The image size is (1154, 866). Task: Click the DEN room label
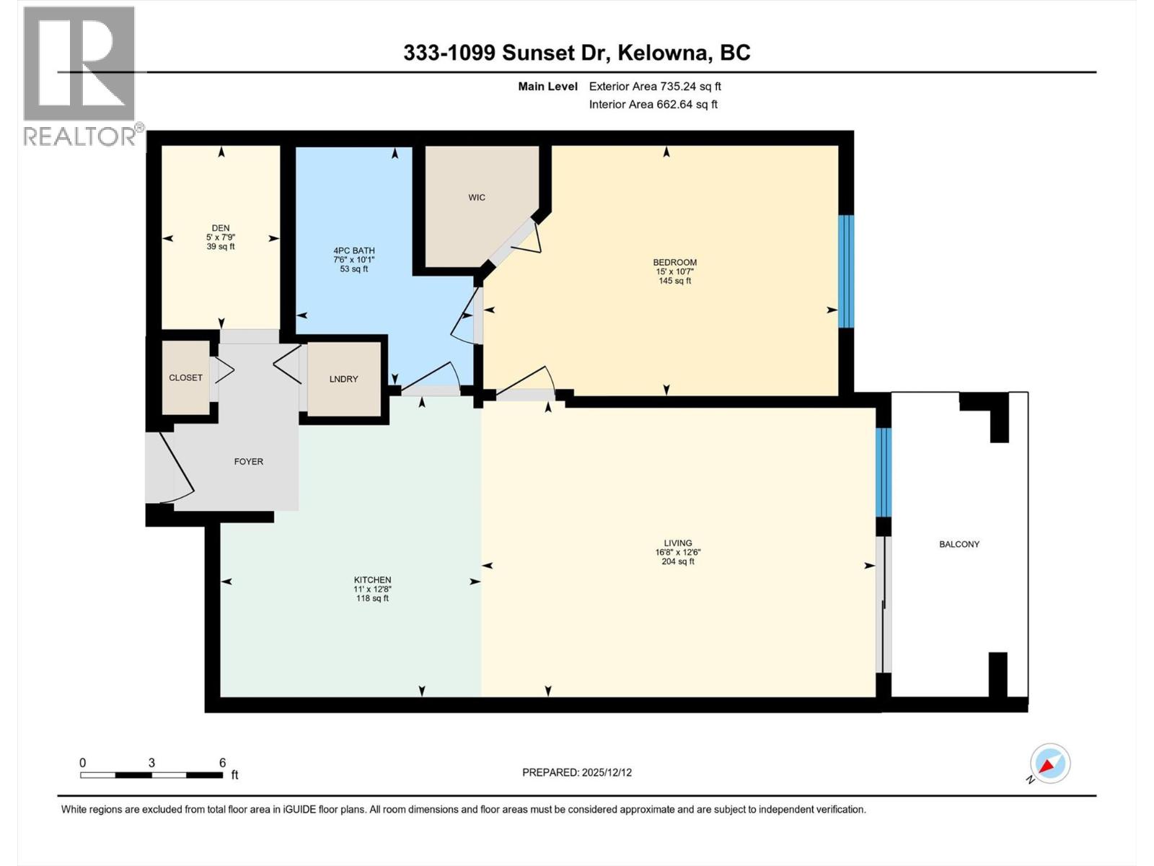pyautogui.click(x=221, y=228)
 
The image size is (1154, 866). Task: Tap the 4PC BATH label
pyautogui.click(x=353, y=250)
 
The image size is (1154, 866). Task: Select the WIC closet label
pyautogui.click(x=477, y=197)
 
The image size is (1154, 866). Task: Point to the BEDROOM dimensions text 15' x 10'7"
pyautogui.click(x=674, y=271)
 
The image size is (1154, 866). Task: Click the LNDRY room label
pyautogui.click(x=343, y=379)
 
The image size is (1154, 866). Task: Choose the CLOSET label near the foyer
pyautogui.click(x=185, y=377)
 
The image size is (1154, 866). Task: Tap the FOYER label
pyautogui.click(x=248, y=461)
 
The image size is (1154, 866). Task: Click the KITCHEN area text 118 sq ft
pyautogui.click(x=372, y=598)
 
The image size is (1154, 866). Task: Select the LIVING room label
pyautogui.click(x=677, y=543)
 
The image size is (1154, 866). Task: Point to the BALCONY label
pyautogui.click(x=959, y=544)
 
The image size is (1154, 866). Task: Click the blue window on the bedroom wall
pyautogui.click(x=846, y=271)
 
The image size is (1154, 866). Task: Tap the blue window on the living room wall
pyautogui.click(x=884, y=472)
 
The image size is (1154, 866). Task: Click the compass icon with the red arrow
pyautogui.click(x=1049, y=764)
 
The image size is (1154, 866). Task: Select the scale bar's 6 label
pyautogui.click(x=223, y=763)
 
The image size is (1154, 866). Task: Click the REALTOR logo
pyautogui.click(x=79, y=75)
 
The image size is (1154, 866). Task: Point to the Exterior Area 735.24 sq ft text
pyautogui.click(x=655, y=87)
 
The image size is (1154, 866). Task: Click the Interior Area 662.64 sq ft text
pyautogui.click(x=653, y=104)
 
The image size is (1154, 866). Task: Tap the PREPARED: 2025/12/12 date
pyautogui.click(x=576, y=772)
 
